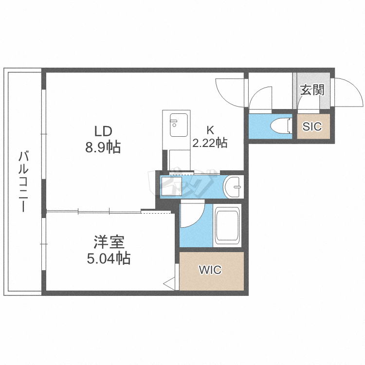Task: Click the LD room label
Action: point(103,131)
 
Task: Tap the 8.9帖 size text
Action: point(103,147)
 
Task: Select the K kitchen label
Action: point(210,130)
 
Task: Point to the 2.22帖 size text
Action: point(210,143)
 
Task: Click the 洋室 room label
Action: point(109,242)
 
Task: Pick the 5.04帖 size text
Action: point(109,258)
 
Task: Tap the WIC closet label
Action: point(210,270)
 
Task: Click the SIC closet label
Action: point(312,127)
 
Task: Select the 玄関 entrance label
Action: point(312,90)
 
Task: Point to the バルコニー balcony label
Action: point(23,182)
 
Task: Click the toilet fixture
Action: point(281,126)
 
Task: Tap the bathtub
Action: point(227,225)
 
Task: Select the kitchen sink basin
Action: point(179,125)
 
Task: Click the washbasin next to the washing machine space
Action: point(233,187)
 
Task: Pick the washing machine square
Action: point(172,186)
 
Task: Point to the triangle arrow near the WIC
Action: point(169,284)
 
